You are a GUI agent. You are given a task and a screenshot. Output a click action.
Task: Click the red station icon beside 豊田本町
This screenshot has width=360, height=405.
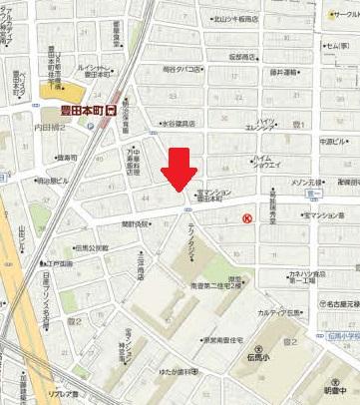coord(111,113)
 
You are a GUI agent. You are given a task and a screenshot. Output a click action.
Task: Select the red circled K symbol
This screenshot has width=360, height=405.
coord(247,218)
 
